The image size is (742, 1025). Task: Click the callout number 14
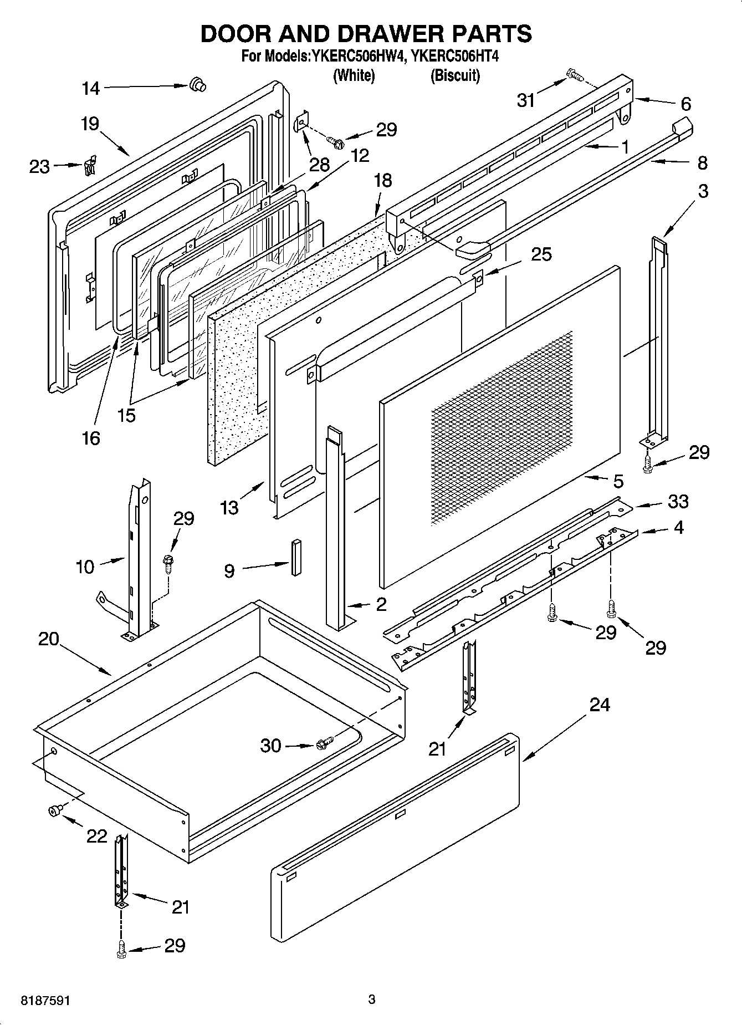[x=91, y=88]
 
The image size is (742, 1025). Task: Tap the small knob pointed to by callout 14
[x=197, y=84]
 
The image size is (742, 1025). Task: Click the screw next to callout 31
[x=572, y=74]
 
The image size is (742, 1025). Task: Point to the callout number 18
[x=382, y=181]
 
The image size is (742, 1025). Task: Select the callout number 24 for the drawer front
[x=599, y=705]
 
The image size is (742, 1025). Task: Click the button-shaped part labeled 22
[x=55, y=812]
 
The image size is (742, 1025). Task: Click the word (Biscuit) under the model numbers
[x=455, y=75]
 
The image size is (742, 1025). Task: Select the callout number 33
[x=678, y=501]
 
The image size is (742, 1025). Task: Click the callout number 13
[x=229, y=507]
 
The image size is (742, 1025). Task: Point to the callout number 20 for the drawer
[x=49, y=639]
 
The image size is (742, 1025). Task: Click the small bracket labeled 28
[x=301, y=122]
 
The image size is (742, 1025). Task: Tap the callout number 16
[x=91, y=438]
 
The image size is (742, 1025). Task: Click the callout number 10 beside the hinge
[x=85, y=567]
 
